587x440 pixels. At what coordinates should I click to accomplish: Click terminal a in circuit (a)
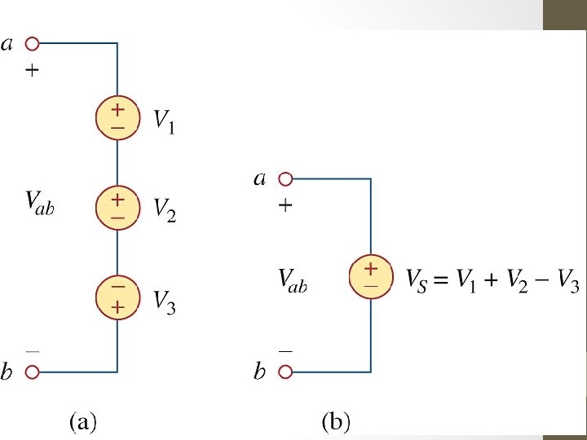[33, 43]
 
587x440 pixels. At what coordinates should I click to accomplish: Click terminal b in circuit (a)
[33, 372]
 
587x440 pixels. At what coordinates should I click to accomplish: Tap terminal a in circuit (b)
[285, 179]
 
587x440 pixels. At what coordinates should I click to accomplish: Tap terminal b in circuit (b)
[285, 372]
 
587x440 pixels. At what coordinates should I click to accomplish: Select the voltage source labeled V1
[117, 118]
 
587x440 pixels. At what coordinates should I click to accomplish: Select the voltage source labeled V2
[117, 208]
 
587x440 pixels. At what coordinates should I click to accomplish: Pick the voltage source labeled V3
[117, 297]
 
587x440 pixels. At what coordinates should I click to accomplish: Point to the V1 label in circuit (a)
[165, 122]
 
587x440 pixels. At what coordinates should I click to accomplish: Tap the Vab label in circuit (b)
[293, 281]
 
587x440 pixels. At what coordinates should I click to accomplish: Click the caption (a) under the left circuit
[83, 421]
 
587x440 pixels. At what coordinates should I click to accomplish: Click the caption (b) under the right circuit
[336, 421]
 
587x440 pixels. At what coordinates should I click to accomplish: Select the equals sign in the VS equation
[441, 282]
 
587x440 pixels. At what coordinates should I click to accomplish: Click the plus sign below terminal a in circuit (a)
[33, 71]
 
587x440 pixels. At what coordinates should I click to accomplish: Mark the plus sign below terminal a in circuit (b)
[285, 207]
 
